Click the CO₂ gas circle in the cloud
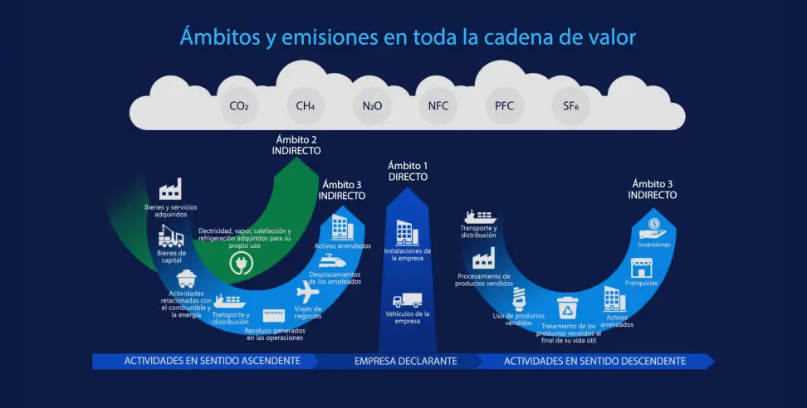[x=239, y=106]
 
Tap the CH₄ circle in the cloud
[x=306, y=106]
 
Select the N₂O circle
[x=372, y=106]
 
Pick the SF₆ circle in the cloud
[x=570, y=106]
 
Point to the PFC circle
[x=505, y=106]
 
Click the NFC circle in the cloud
[x=438, y=106]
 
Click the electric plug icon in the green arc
[x=242, y=263]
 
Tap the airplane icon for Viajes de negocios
[x=308, y=292]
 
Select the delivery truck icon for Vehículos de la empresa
[x=407, y=300]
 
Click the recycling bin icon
[x=568, y=308]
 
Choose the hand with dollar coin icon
[x=653, y=228]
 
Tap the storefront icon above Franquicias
[x=641, y=268]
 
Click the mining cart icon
[x=186, y=279]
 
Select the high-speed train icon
[x=332, y=261]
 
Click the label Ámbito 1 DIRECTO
[x=408, y=171]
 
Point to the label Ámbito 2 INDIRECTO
[x=296, y=145]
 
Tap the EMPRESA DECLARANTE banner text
[x=405, y=362]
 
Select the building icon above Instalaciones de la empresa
[x=407, y=233]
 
